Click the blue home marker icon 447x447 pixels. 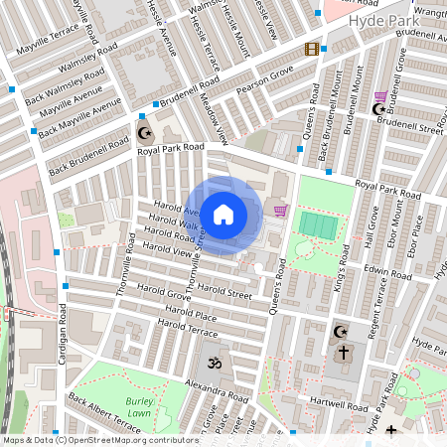(x=223, y=214)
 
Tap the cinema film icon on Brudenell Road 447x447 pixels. (x=313, y=50)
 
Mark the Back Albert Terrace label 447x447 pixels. (x=104, y=412)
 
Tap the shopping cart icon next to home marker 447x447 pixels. (x=280, y=210)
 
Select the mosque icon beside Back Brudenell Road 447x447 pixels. (x=144, y=133)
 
